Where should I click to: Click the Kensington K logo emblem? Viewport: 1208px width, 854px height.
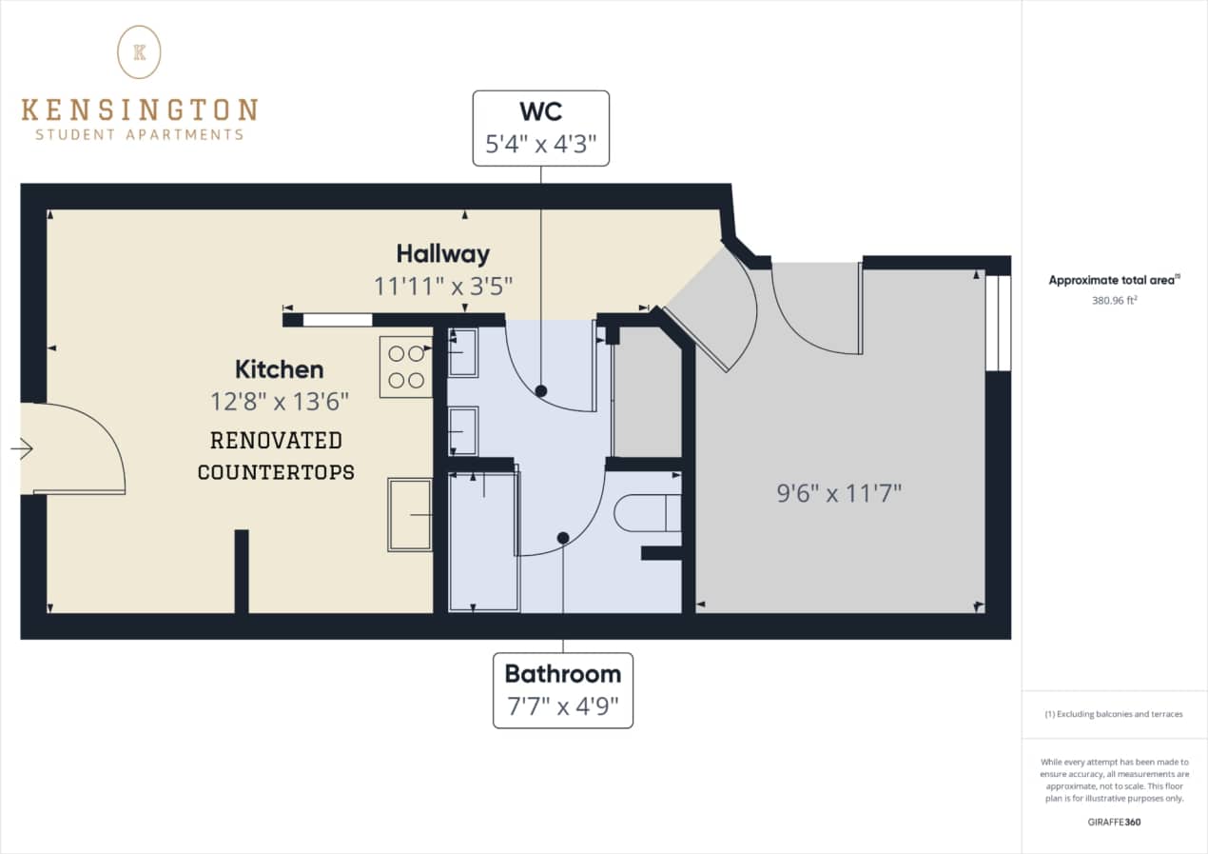tap(139, 51)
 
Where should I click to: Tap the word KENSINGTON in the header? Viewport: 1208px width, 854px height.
tap(139, 109)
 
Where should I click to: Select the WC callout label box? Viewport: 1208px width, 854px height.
tap(541, 129)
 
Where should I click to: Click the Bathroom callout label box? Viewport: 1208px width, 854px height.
tap(562, 690)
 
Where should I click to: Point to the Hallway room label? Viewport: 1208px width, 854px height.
tap(443, 254)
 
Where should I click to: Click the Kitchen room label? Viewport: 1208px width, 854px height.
tap(280, 369)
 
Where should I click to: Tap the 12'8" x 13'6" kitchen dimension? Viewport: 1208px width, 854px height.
tap(280, 401)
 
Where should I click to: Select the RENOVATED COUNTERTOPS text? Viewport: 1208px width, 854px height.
tap(276, 456)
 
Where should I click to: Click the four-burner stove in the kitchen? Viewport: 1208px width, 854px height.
tap(405, 367)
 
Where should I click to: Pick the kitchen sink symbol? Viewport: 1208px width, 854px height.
tap(410, 514)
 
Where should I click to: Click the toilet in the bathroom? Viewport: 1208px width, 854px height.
tap(647, 514)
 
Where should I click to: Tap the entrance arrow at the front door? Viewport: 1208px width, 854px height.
tap(22, 447)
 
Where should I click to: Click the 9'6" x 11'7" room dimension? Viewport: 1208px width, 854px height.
tap(839, 493)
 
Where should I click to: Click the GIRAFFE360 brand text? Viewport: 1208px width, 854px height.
tap(1114, 822)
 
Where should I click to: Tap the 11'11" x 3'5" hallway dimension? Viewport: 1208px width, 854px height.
tap(443, 286)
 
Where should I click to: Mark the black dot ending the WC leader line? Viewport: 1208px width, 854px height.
tap(541, 390)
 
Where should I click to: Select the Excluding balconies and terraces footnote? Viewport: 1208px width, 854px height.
tap(1114, 714)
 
